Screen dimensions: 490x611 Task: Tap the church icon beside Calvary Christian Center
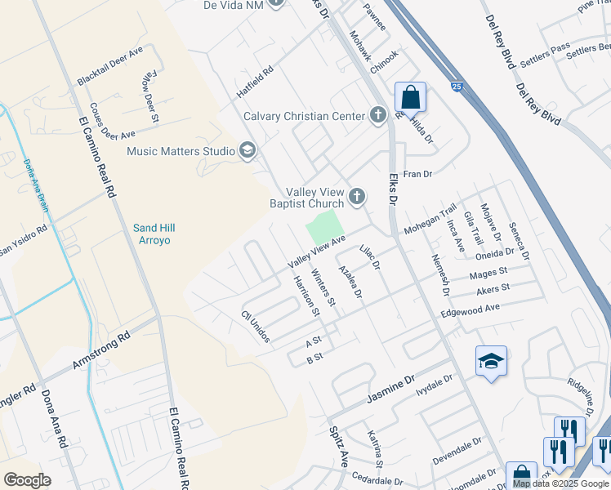click(377, 115)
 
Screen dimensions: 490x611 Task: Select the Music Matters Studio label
click(181, 150)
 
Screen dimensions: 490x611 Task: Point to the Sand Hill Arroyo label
click(154, 234)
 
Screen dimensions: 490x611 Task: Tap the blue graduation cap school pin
click(491, 362)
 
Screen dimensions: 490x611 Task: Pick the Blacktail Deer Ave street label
click(110, 67)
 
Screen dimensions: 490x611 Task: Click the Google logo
click(27, 480)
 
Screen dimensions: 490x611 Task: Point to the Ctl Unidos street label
click(255, 327)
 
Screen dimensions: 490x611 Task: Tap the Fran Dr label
click(417, 174)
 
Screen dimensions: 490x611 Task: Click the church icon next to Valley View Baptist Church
click(356, 196)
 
